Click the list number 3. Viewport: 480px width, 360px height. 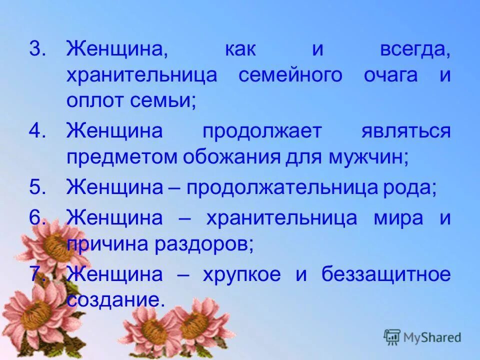[x=37, y=49]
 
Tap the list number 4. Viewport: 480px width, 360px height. [x=37, y=131]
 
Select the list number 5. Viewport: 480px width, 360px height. [x=37, y=188]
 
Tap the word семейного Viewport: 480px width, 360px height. [x=290, y=75]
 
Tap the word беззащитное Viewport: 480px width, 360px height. [x=386, y=274]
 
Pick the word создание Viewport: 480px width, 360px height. [x=115, y=299]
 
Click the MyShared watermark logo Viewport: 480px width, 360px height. [x=422, y=337]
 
